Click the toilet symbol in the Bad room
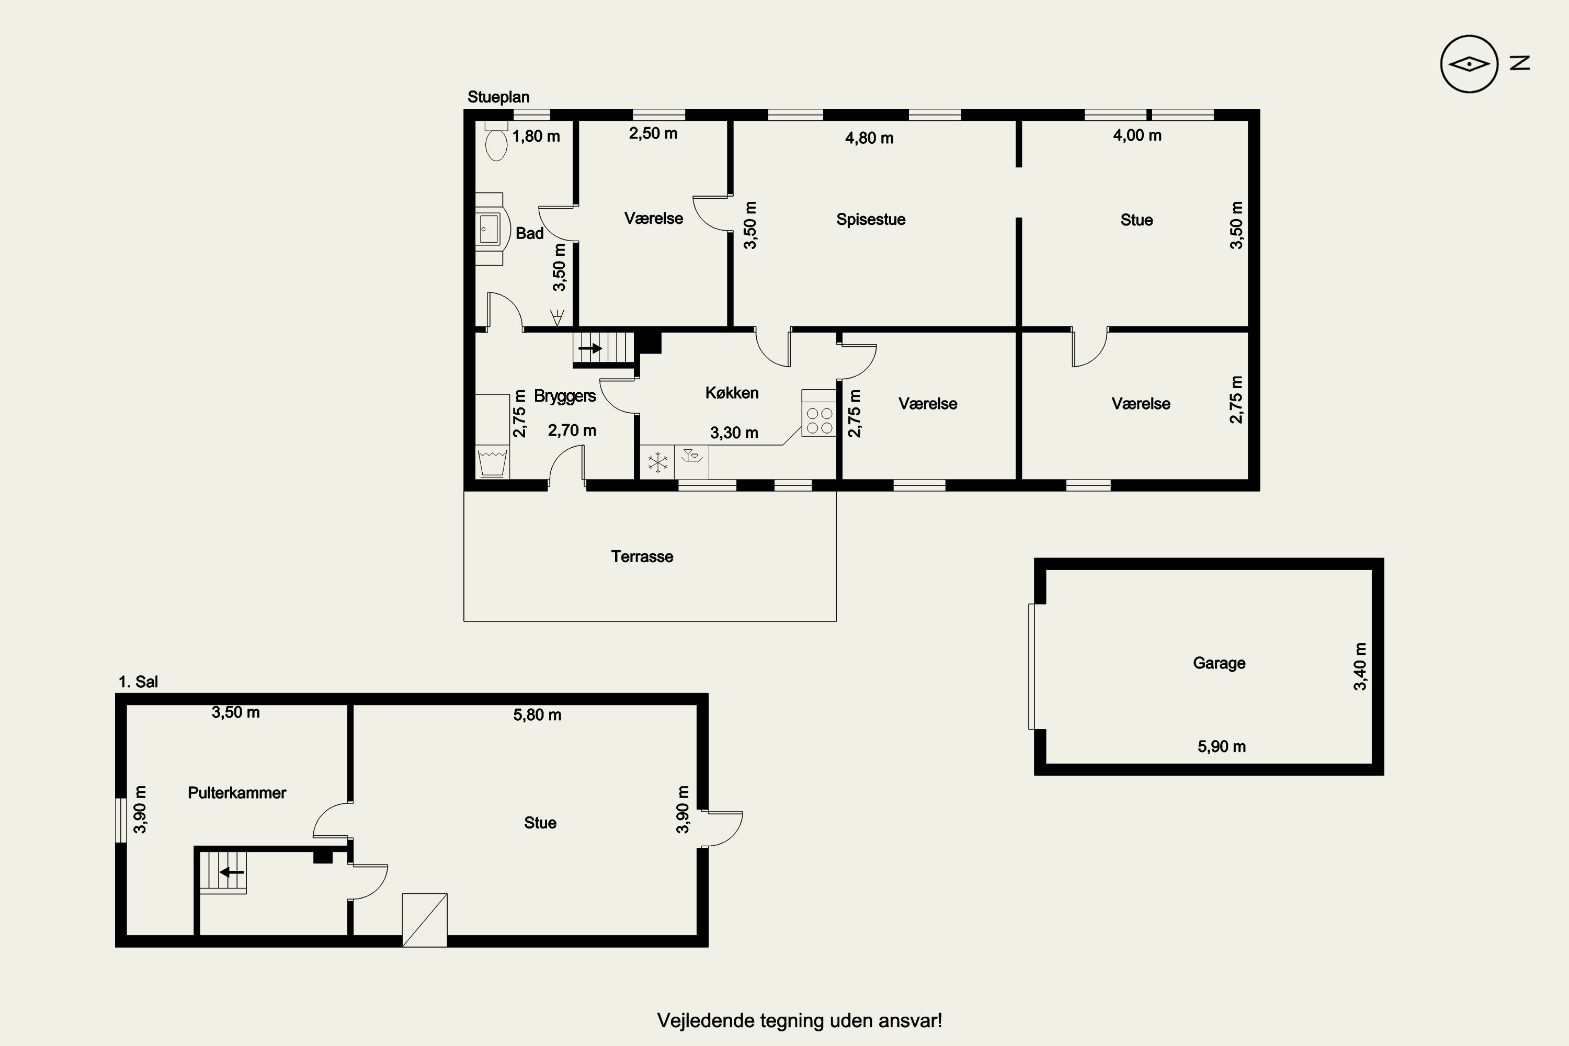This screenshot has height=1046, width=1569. pos(496,140)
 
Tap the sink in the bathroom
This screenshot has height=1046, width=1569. pos(490,229)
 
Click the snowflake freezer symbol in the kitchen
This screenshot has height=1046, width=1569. pos(658,462)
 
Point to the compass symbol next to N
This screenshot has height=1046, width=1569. pos(1469,64)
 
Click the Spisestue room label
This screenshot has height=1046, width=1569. pos(871,220)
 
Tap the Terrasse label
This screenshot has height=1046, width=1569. pos(642,556)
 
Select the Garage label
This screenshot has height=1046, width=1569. pos(1219,663)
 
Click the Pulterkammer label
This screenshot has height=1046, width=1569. pos(237,792)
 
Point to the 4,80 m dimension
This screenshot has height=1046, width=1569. pos(869,138)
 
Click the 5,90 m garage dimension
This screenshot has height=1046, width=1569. pos(1221,746)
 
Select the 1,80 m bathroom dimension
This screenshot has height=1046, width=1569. pos(536,136)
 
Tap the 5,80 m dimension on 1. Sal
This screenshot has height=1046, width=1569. pos(537,715)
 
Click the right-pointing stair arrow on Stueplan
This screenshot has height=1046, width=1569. pos(590,348)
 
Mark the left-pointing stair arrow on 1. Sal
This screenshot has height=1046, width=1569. pos(232,872)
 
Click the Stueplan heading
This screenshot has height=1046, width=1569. pos(498,97)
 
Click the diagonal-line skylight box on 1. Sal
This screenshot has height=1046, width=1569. pos(424,920)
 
